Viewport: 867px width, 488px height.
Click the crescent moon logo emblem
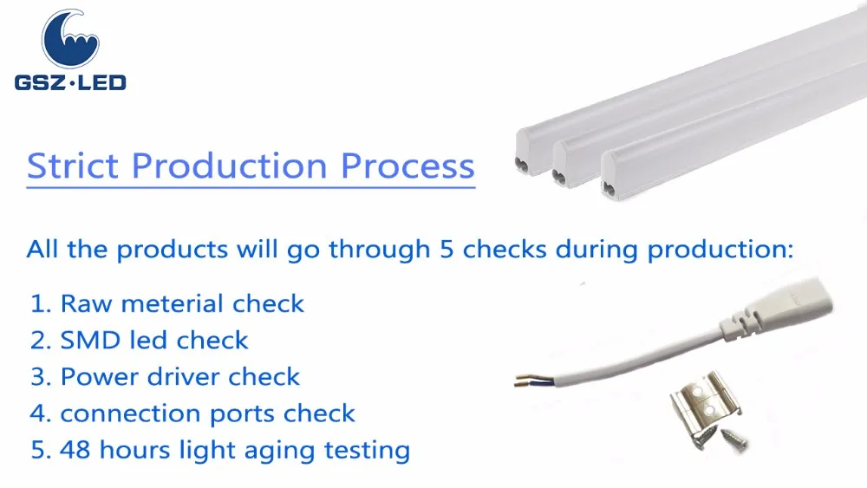tap(70, 39)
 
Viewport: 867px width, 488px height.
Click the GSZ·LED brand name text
tap(70, 83)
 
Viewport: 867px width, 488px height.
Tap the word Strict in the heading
tap(73, 166)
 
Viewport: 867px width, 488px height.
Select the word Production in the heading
tap(229, 166)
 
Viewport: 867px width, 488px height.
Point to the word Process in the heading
tap(407, 166)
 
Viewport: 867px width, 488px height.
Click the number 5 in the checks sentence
tap(447, 250)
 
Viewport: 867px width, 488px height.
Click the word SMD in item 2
tap(90, 341)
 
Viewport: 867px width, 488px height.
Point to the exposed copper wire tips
tap(524, 381)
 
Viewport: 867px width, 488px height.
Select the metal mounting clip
tap(704, 402)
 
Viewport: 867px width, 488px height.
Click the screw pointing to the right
tap(735, 439)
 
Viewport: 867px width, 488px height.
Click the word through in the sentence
tap(380, 250)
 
